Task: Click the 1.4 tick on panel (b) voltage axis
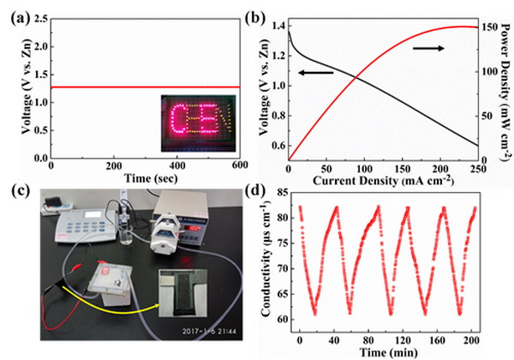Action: click(276, 27)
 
